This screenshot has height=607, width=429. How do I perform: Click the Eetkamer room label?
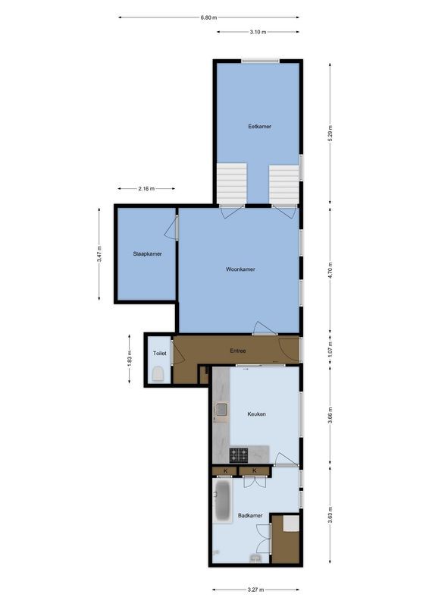coord(259,126)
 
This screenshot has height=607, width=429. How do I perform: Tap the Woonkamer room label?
coord(240,269)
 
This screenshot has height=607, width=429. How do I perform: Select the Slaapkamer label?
coord(146,253)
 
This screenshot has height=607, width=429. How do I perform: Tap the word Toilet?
coord(159,354)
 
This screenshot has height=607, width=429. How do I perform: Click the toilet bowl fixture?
coord(158,373)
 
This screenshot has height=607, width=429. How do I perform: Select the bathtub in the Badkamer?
coord(223,502)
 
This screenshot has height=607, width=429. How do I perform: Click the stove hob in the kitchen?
coord(240,455)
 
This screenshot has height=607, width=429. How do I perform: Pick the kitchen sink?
coord(222,411)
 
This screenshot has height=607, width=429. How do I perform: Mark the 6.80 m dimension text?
coord(208,17)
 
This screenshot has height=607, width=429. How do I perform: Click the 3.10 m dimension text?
coord(258,32)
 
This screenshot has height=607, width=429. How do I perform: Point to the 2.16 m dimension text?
coord(147,189)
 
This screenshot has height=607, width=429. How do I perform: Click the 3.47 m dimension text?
coord(99,256)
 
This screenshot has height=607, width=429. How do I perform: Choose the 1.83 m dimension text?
coord(130,358)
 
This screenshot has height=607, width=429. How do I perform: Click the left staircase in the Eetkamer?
coord(232,183)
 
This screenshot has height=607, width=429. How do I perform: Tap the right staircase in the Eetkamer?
coord(284,183)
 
